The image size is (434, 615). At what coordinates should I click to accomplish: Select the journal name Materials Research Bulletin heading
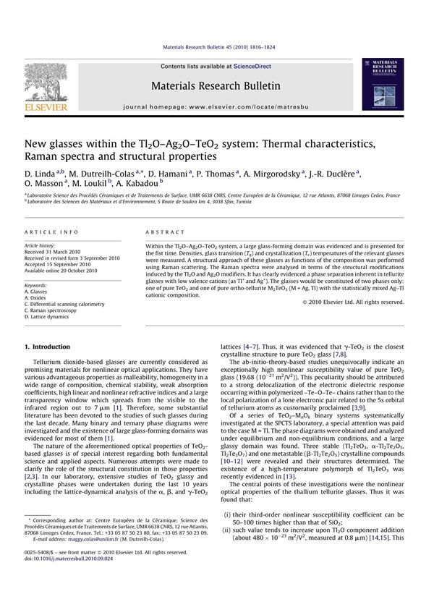(216, 86)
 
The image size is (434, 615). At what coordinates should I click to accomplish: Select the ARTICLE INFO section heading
(48, 231)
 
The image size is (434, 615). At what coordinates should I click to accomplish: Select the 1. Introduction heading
(48, 347)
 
